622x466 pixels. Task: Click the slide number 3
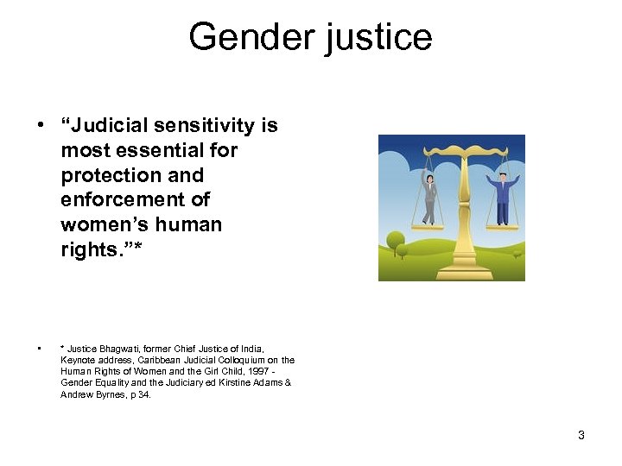581,435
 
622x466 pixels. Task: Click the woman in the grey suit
427,194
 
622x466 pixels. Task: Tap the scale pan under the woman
427,226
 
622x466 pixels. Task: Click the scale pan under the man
504,226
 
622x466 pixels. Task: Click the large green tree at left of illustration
396,241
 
